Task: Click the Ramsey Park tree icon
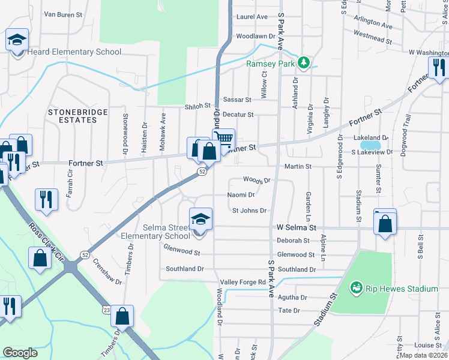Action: (304, 62)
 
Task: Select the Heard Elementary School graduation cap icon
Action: (17, 41)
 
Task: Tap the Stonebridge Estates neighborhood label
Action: (78, 116)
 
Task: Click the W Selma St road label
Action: (296, 228)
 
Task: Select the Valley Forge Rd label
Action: (243, 282)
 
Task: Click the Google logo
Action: (20, 352)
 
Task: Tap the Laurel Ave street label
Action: (252, 17)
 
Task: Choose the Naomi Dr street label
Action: (241, 194)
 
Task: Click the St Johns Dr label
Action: (249, 211)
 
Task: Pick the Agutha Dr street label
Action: (292, 297)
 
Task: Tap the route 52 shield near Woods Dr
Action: (203, 172)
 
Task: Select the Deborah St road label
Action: (293, 241)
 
